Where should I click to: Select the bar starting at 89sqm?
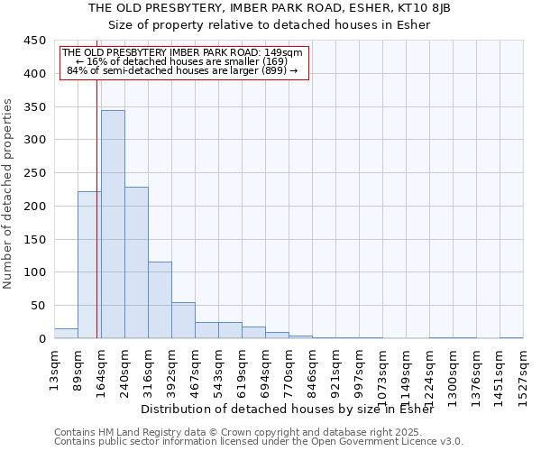click(89, 265)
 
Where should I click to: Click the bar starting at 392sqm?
click(183, 320)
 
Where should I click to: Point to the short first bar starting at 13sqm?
click(66, 334)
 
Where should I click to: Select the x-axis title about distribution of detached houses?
click(288, 410)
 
